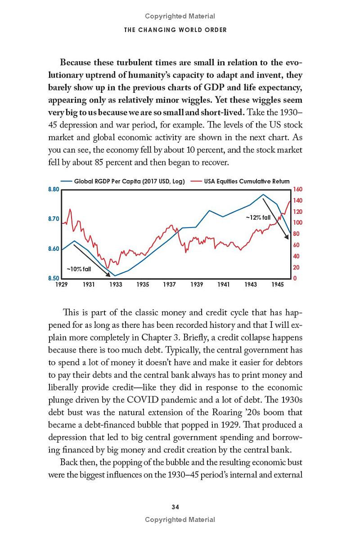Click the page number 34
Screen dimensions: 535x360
click(175, 507)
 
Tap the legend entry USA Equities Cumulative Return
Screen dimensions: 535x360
click(247, 181)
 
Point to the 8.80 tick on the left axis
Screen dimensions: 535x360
click(54, 190)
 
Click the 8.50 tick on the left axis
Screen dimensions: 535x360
click(54, 278)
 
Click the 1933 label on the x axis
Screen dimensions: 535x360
click(116, 285)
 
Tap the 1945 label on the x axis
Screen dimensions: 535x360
click(278, 285)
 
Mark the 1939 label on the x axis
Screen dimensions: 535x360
click(197, 285)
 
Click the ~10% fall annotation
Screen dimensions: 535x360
click(79, 269)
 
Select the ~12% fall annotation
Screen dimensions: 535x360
click(258, 217)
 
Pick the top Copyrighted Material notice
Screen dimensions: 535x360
click(180, 16)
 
